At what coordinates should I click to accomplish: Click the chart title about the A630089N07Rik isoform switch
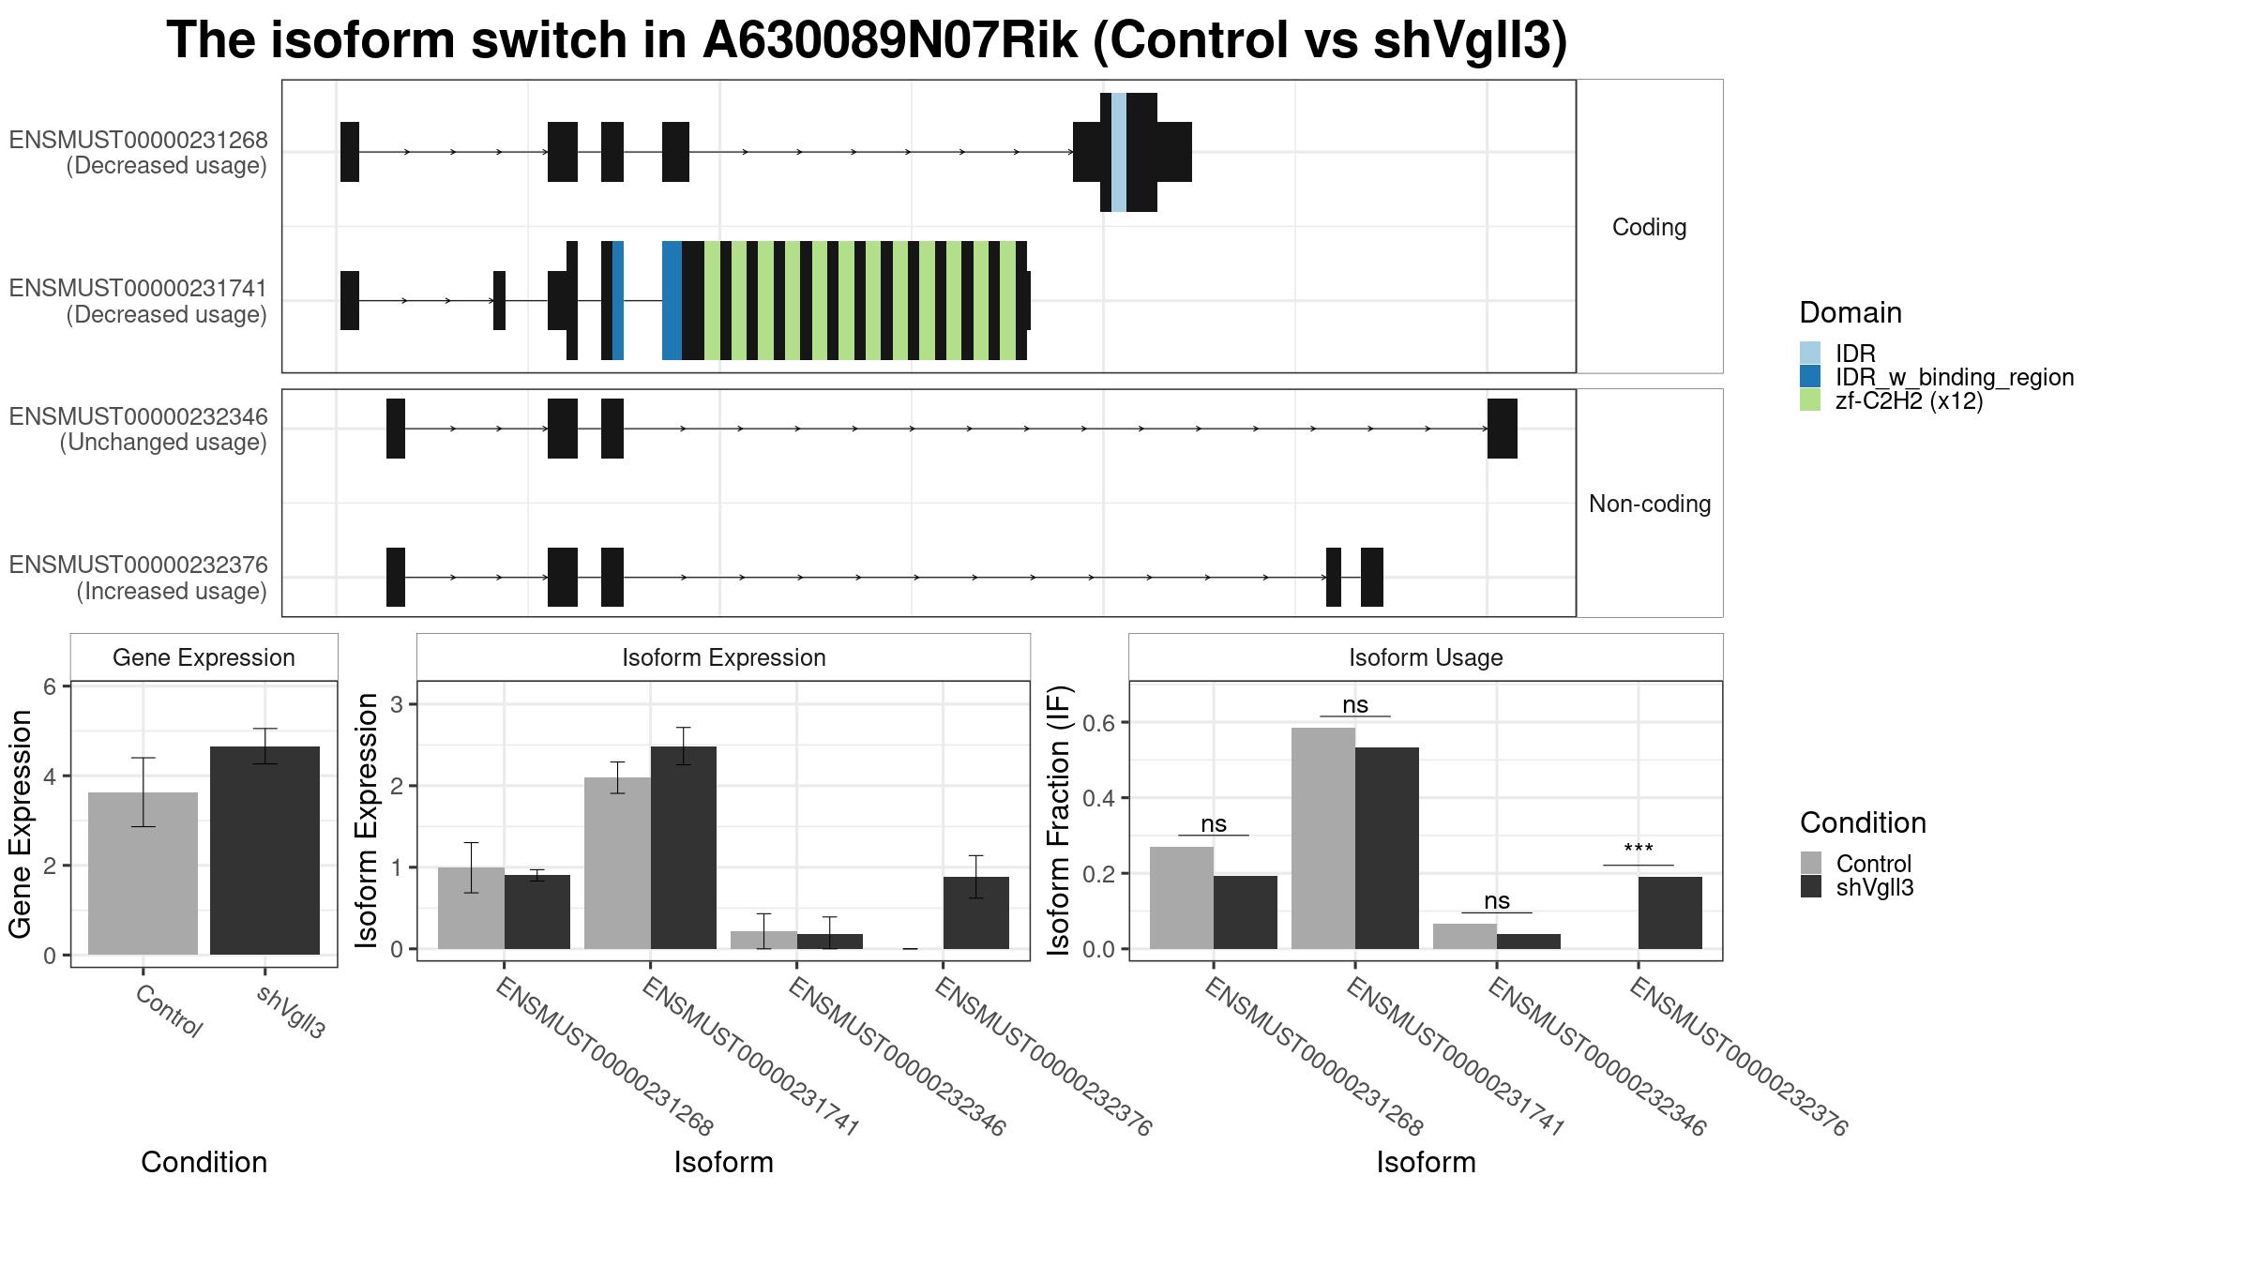(867, 40)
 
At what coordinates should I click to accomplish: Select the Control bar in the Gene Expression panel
(143, 873)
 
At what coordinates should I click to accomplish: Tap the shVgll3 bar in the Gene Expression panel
(264, 851)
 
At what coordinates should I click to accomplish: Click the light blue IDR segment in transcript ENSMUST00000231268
(1119, 152)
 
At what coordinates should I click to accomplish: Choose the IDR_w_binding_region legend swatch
(1810, 377)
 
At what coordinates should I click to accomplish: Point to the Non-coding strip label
(1650, 504)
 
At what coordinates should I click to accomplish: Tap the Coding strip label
(1650, 227)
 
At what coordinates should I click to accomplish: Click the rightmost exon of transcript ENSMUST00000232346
(1503, 429)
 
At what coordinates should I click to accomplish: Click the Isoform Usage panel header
(1426, 657)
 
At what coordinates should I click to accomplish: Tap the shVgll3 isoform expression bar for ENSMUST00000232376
(976, 912)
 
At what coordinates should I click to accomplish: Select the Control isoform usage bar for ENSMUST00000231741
(1323, 838)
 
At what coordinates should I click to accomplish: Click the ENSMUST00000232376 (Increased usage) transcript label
(139, 578)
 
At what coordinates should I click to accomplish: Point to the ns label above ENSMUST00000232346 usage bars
(1497, 900)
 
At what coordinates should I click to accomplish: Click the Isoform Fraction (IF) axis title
(1059, 821)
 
